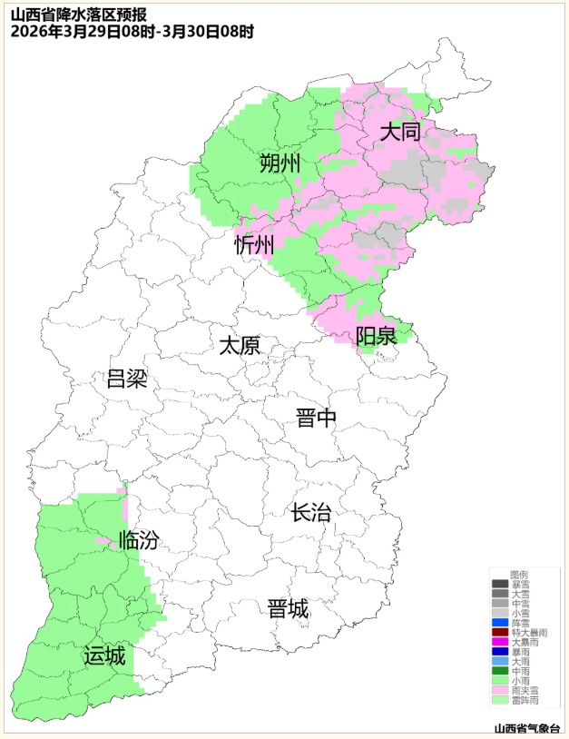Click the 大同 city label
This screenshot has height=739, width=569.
point(400,133)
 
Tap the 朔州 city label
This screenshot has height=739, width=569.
point(279,164)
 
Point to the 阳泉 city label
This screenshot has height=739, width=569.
point(375,337)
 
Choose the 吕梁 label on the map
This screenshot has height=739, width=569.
point(127,379)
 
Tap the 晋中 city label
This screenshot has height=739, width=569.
point(316,419)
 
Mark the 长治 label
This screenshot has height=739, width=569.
point(310,513)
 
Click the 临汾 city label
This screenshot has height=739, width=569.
point(139,541)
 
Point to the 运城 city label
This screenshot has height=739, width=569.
point(104,655)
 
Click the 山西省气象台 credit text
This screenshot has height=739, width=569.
point(526,728)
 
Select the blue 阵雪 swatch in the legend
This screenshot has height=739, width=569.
point(500,623)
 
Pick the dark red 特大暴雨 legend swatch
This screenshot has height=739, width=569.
point(500,633)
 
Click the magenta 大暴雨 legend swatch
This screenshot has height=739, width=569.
point(500,643)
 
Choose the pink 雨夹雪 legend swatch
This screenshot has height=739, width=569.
point(500,691)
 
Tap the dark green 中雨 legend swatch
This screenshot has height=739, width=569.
point(500,671)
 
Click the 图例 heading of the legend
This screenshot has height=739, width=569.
point(519,575)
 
